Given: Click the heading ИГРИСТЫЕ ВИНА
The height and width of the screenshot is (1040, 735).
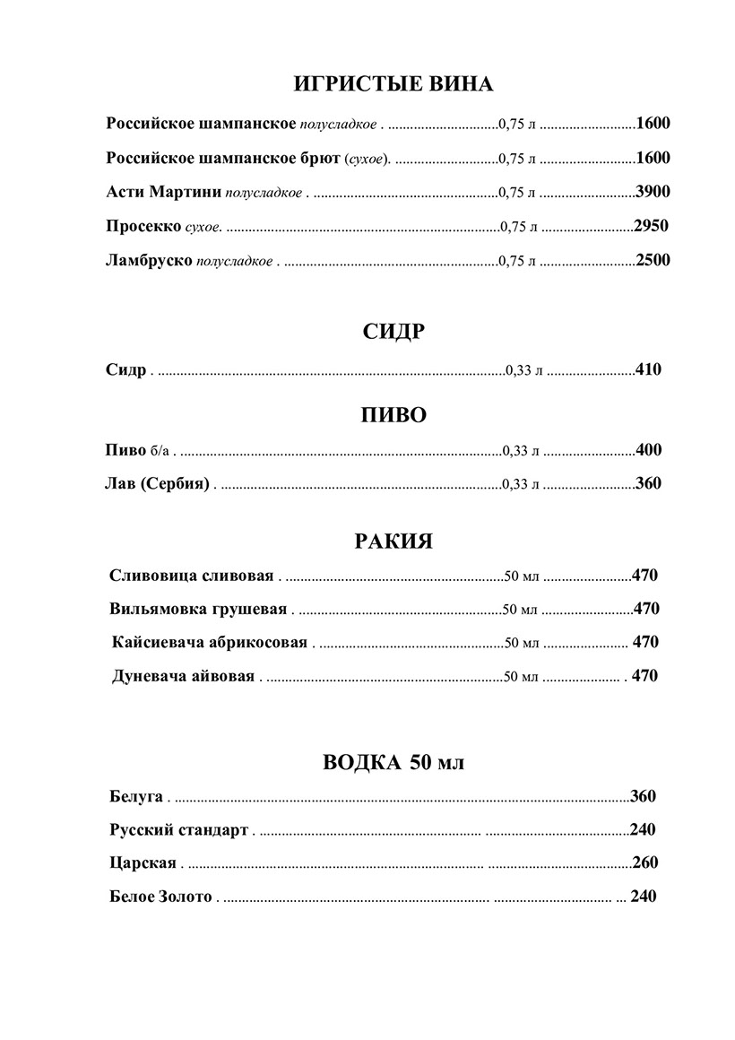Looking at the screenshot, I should point(393,85).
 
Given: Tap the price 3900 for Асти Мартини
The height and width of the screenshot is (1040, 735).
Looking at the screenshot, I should point(653,192).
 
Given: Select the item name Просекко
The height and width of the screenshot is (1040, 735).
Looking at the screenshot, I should point(143,226).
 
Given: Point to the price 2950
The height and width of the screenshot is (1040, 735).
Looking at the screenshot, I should point(651,226).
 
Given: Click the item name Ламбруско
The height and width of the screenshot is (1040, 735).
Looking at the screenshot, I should point(149,260).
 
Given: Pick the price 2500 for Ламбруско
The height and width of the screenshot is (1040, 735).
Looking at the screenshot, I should point(653,260).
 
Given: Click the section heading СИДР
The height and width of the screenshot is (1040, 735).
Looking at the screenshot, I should point(393,332).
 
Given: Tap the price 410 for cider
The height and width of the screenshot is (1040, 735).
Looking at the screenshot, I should point(648,368).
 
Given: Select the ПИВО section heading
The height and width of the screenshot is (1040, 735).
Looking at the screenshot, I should point(393,415).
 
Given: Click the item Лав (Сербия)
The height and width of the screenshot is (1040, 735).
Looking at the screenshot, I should point(157,484).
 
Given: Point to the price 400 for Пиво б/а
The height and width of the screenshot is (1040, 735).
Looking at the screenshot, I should point(648,450).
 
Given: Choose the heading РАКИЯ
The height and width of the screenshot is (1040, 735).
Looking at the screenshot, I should point(393,542).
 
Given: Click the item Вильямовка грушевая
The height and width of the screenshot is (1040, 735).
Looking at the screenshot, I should point(198,609).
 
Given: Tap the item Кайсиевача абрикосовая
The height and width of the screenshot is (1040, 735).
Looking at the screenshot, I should point(210,643).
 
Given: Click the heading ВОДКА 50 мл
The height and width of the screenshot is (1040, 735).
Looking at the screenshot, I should point(393,763).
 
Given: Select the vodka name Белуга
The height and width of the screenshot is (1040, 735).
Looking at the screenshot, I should point(136,795).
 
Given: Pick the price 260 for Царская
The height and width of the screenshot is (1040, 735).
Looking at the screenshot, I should point(644,862).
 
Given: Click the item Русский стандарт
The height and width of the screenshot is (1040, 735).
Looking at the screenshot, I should point(178,829).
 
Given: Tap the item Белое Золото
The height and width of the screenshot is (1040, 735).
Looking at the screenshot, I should point(160,896).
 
